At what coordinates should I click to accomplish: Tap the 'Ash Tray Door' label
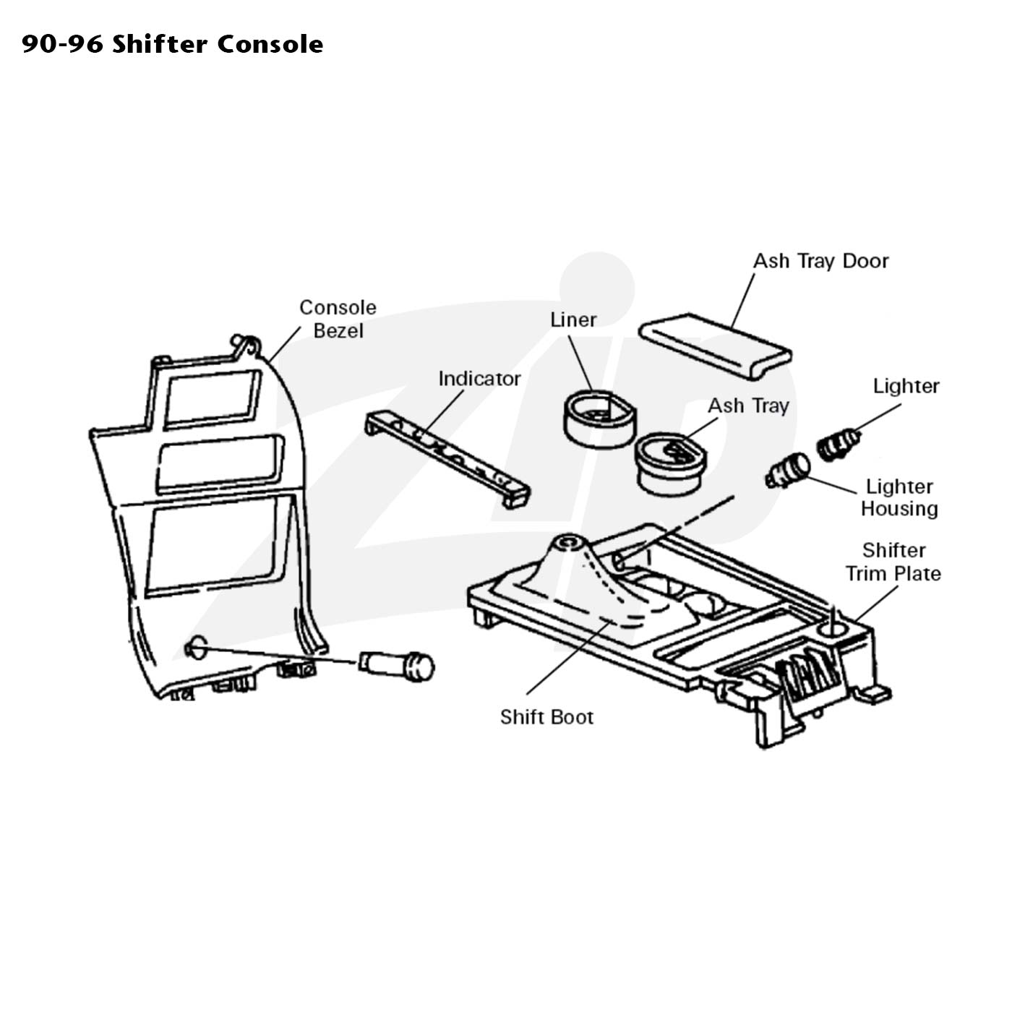point(821,261)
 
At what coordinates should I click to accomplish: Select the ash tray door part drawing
point(716,346)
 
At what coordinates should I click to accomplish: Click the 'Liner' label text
point(573,320)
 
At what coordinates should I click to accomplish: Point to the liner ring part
point(599,419)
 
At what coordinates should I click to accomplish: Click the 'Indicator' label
point(479,378)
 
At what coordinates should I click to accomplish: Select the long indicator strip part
point(447,458)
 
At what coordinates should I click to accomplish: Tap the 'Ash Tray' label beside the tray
point(748,406)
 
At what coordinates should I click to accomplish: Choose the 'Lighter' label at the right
point(906,386)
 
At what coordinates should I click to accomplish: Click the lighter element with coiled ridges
point(839,445)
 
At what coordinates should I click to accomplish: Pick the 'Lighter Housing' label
point(900,497)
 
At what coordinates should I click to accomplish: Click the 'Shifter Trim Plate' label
point(893,562)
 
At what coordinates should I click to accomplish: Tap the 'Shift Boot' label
point(546,717)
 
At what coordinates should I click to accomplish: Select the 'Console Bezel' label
point(338,319)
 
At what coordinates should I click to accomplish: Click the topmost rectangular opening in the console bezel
point(213,398)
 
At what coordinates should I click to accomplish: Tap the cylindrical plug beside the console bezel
point(397,665)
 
